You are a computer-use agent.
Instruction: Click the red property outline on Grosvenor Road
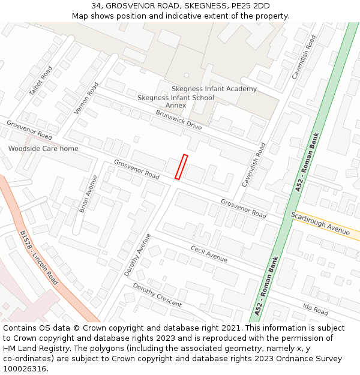181,167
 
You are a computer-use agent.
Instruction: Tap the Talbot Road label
41,80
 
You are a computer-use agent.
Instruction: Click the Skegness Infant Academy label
214,89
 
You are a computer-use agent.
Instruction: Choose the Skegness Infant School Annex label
175,101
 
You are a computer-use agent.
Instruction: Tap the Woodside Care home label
43,148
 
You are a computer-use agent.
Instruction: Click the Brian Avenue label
88,194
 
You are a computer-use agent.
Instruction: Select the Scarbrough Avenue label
320,223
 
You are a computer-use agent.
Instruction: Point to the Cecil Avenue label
209,254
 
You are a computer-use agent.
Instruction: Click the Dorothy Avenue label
137,254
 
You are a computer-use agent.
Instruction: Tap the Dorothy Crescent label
157,295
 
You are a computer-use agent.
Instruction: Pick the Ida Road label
315,309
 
